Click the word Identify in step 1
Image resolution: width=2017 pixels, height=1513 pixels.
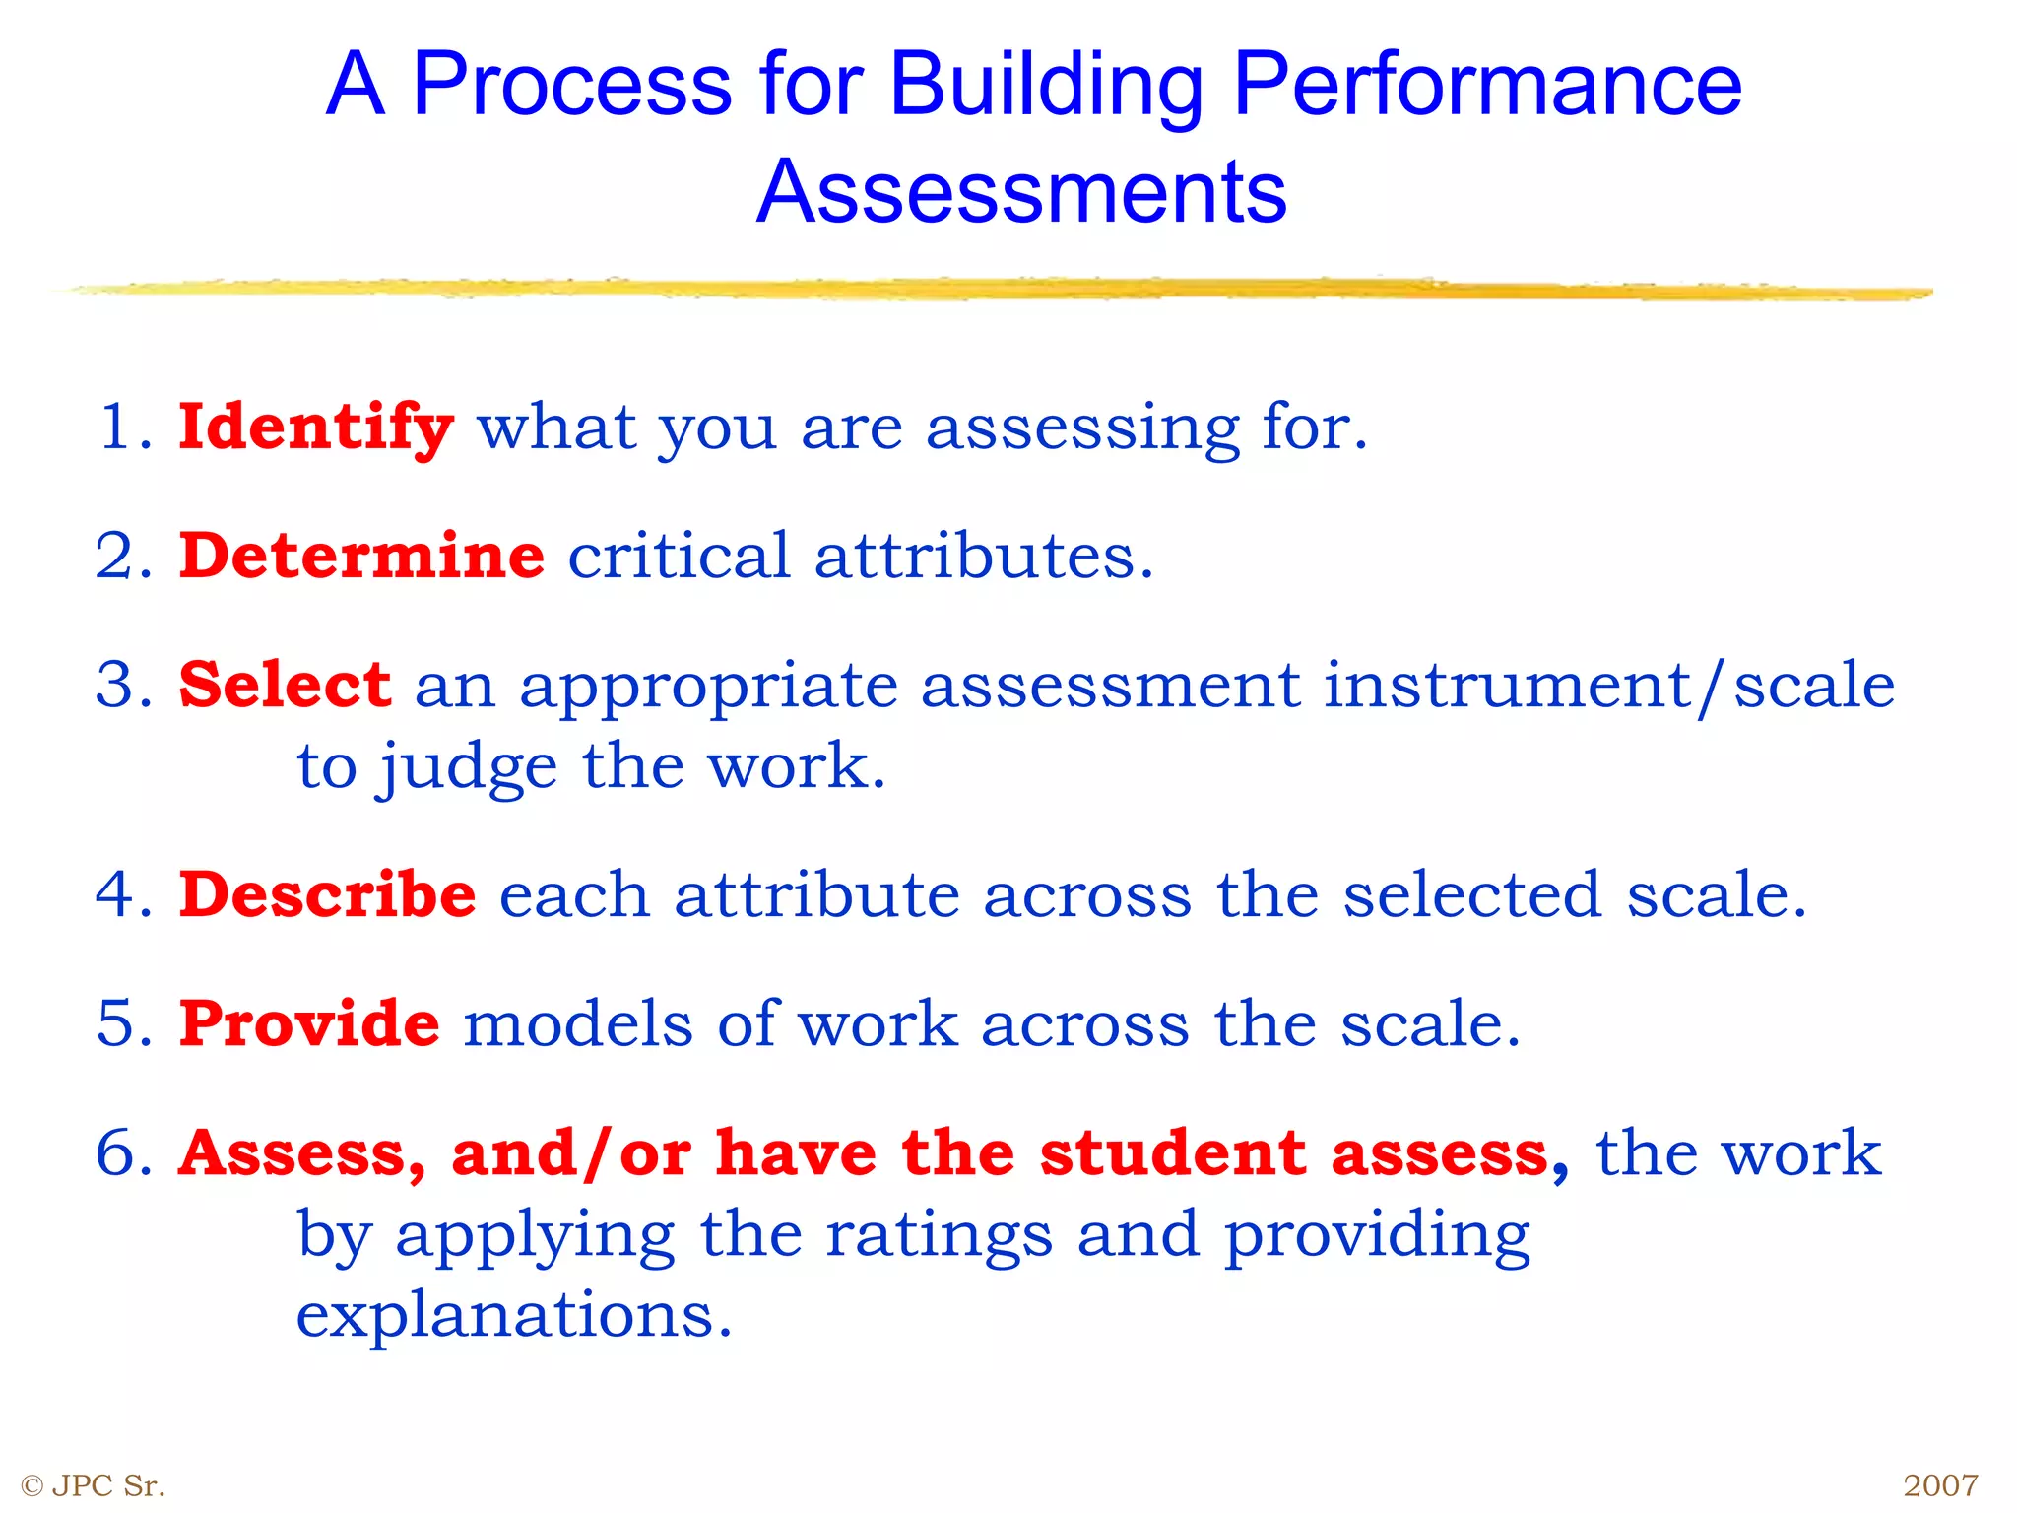[315, 428]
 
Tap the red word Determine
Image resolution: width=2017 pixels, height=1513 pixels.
[361, 556]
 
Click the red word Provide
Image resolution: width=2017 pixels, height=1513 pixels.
[309, 1023]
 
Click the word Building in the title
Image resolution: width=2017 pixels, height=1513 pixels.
[1046, 87]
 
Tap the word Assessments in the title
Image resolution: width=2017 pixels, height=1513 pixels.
[1021, 191]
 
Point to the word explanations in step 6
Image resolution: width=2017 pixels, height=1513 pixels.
[514, 1316]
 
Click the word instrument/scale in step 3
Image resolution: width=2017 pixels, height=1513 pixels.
[1608, 686]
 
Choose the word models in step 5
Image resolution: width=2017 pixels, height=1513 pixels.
[578, 1023]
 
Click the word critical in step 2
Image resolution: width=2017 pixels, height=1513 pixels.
[679, 556]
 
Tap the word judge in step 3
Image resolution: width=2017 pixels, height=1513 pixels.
[469, 768]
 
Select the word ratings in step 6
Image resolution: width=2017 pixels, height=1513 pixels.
[939, 1234]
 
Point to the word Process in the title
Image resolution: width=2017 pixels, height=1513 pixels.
[571, 87]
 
